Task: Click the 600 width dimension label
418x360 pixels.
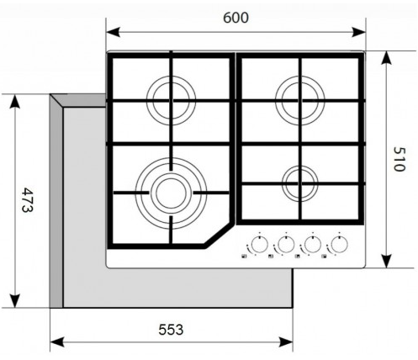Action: point(235,18)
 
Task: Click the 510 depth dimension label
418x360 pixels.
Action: point(399,159)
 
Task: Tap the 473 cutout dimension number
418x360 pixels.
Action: point(28,200)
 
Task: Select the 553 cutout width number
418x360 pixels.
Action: point(171,330)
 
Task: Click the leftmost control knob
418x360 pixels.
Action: point(259,244)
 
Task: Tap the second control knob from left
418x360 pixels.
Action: point(286,244)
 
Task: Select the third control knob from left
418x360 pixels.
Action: point(313,244)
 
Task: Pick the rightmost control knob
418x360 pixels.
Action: point(339,244)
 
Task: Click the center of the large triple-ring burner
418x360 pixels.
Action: point(171,193)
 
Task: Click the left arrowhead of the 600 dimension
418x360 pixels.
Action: point(114,32)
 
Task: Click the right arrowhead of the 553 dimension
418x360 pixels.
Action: point(286,342)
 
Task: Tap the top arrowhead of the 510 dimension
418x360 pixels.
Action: point(387,58)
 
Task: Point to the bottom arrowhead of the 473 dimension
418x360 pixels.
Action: point(14,300)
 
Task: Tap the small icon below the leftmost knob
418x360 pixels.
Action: point(244,256)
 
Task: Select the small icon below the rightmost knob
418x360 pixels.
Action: point(324,256)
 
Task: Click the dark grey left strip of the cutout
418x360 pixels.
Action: point(56,201)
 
